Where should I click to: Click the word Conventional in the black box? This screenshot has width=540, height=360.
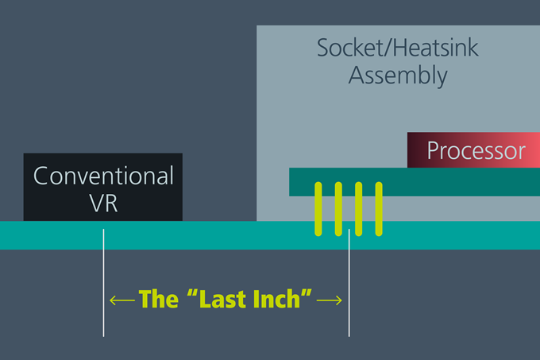pyautogui.click(x=103, y=176)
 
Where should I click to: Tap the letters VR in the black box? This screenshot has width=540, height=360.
pyautogui.click(x=103, y=203)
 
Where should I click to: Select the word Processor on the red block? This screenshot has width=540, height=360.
pyautogui.click(x=476, y=150)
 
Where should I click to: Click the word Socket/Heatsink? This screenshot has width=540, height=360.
pyautogui.click(x=398, y=48)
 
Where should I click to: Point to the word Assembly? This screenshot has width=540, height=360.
pyautogui.click(x=398, y=75)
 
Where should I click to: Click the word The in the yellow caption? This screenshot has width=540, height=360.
pyautogui.click(x=158, y=299)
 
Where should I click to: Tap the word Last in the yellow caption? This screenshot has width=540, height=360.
pyautogui.click(x=221, y=299)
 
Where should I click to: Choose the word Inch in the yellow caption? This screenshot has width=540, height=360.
pyautogui.click(x=276, y=299)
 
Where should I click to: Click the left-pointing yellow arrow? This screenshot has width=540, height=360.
pyautogui.click(x=122, y=300)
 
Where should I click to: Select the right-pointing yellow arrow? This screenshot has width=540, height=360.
pyautogui.click(x=330, y=300)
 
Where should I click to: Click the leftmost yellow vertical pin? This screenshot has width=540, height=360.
pyautogui.click(x=318, y=209)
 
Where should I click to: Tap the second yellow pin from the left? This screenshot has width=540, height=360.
pyautogui.click(x=338, y=209)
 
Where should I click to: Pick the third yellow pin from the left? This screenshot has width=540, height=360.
pyautogui.click(x=358, y=209)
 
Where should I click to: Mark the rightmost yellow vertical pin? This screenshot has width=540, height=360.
pyautogui.click(x=379, y=209)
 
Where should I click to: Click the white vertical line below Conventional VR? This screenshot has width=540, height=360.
pyautogui.click(x=103, y=283)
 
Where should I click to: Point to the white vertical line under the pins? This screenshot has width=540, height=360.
pyautogui.click(x=349, y=283)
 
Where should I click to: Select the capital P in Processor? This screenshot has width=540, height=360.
pyautogui.click(x=434, y=150)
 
